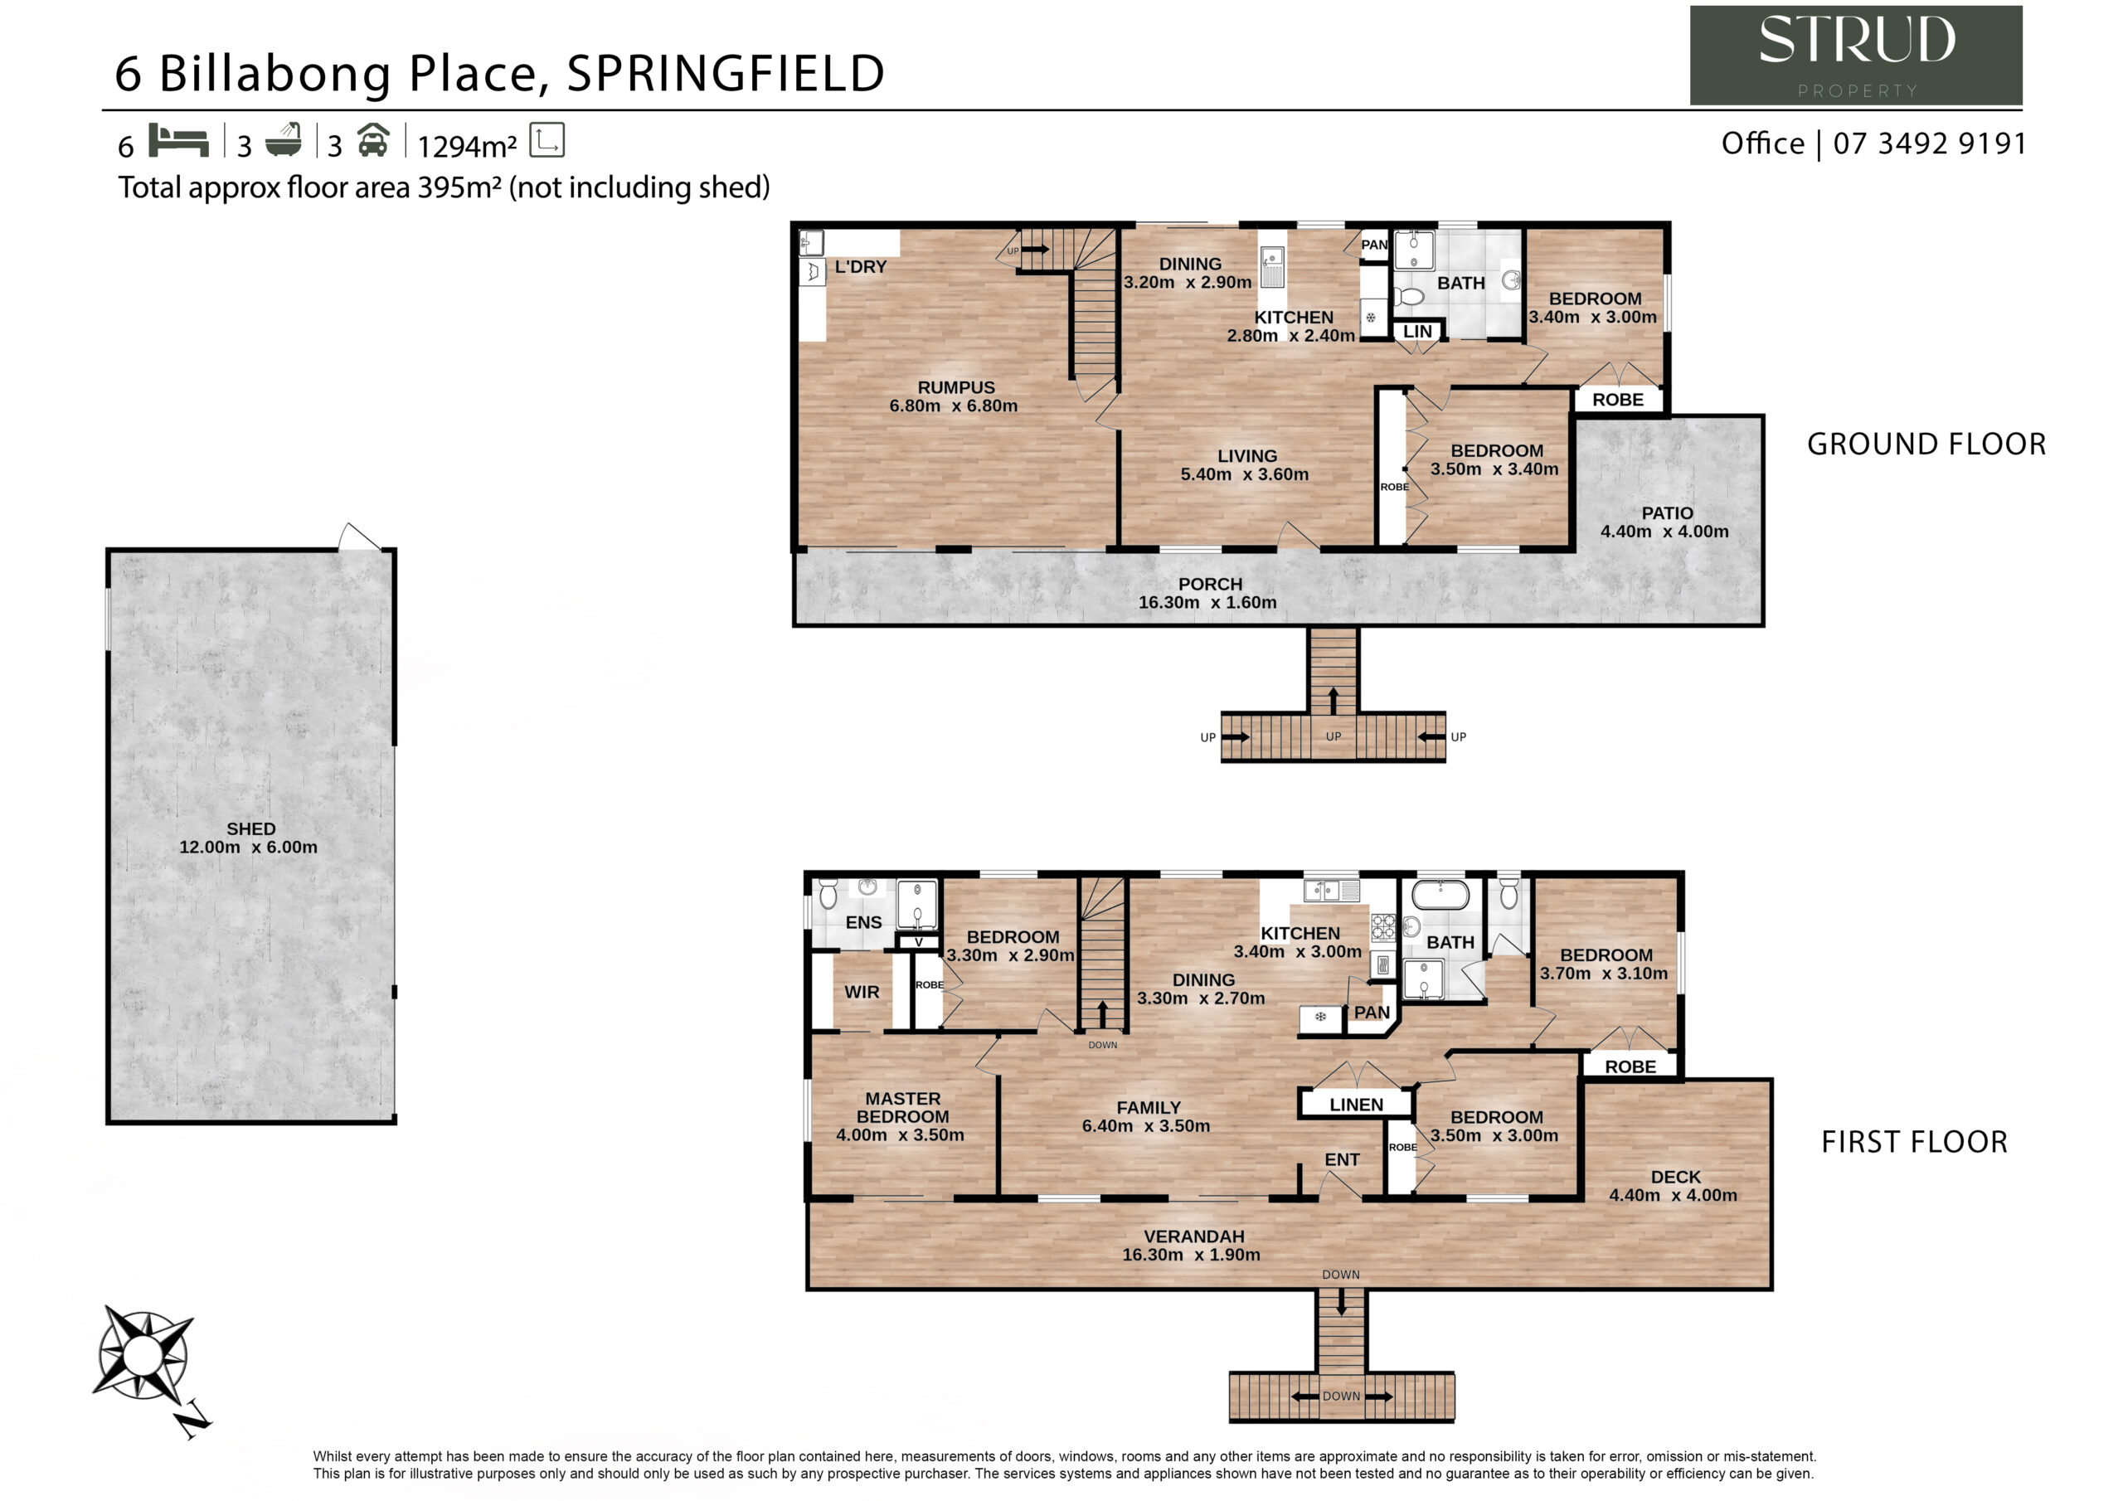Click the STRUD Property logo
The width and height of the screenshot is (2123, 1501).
click(x=1856, y=56)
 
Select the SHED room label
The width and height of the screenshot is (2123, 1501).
click(x=250, y=829)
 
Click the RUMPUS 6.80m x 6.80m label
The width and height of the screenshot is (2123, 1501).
click(x=955, y=396)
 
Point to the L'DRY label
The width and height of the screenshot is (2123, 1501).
click(x=860, y=267)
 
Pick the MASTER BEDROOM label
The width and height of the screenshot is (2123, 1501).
click(x=902, y=1108)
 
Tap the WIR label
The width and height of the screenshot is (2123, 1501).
click(x=862, y=993)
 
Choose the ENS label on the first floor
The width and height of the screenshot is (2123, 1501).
click(x=863, y=923)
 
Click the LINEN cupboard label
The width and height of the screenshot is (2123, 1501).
click(x=1357, y=1105)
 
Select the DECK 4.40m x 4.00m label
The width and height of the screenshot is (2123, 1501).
click(x=1674, y=1187)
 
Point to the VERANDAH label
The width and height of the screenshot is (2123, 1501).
click(x=1193, y=1237)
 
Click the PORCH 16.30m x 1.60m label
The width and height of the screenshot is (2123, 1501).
click(x=1207, y=594)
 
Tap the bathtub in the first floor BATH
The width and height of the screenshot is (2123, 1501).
click(x=1440, y=896)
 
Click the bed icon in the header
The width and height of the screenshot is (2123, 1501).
click(x=178, y=141)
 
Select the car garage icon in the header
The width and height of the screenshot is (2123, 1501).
click(x=372, y=141)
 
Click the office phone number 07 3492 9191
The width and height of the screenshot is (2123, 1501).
click(x=1930, y=144)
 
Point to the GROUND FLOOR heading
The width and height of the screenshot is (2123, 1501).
click(x=1927, y=444)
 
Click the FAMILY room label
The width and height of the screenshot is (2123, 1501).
click(x=1149, y=1108)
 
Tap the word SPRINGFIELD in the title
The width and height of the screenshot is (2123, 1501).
click(x=726, y=74)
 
